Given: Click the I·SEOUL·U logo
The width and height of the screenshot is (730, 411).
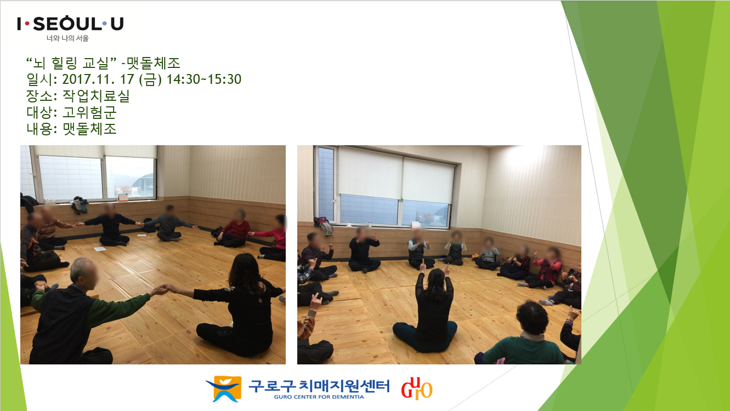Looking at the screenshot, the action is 70,24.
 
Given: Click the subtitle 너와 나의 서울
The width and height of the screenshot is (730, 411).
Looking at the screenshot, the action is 67,38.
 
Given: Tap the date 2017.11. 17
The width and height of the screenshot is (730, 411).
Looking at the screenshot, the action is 98,79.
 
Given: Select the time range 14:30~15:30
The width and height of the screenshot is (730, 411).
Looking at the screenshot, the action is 204,79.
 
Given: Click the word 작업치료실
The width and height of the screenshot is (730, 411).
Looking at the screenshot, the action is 96,96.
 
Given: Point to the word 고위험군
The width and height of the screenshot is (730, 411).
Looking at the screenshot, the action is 89,112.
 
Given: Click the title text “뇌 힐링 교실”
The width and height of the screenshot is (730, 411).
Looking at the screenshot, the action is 71,63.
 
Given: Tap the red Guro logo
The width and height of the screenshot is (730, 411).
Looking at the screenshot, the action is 417,388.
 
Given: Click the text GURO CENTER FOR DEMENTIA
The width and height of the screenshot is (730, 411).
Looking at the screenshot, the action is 319,397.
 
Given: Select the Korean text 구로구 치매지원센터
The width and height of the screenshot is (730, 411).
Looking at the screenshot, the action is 319,386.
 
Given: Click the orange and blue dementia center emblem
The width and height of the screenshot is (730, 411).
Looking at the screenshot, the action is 224,389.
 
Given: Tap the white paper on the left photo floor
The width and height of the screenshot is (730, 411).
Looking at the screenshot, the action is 100,249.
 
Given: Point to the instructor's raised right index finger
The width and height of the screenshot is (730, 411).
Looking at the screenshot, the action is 423,264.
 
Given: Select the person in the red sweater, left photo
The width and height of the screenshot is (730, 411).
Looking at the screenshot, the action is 235,230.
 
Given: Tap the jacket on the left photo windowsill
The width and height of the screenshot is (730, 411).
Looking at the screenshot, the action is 80,205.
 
